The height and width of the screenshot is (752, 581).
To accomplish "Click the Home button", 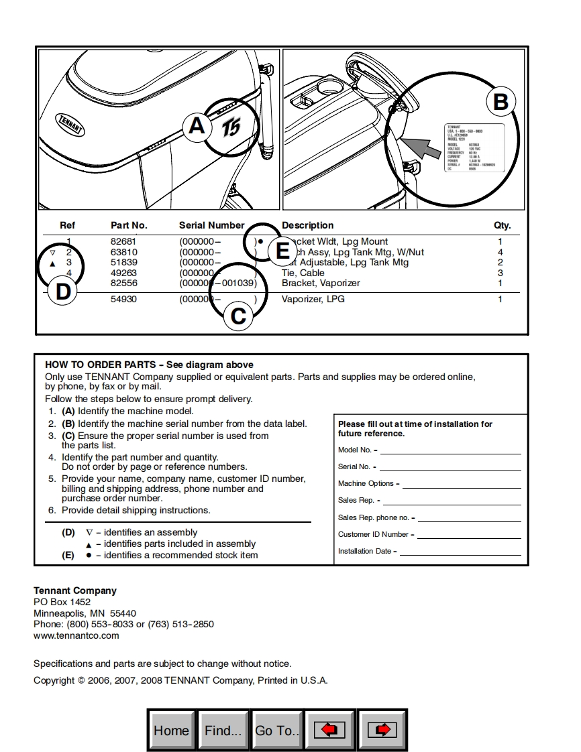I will tap(171, 730).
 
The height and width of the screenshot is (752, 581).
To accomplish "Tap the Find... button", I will tap(223, 730).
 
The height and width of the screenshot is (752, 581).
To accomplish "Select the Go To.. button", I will tap(277, 730).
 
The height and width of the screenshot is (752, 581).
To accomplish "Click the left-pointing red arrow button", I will tap(330, 730).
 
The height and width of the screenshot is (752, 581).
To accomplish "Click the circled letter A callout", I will tap(197, 125).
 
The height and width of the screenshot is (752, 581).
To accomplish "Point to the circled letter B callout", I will tap(500, 102).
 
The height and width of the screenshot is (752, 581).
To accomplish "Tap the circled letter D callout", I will tap(63, 292).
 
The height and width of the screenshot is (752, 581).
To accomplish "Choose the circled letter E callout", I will tap(282, 251).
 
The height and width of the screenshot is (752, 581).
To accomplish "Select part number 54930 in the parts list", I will tap(123, 299).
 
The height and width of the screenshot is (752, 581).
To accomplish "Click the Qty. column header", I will tap(502, 225).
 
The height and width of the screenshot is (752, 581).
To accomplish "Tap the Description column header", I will tap(307, 225).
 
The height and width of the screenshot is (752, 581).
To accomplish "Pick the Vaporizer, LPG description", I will tap(313, 299).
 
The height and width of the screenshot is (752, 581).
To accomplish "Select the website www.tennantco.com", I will tap(76, 635).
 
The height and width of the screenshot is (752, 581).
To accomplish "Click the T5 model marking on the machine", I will tap(231, 127).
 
